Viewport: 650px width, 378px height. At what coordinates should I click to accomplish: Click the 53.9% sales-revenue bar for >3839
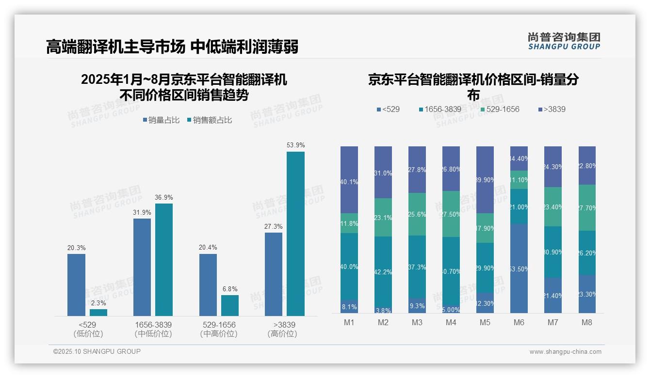tap(295, 234)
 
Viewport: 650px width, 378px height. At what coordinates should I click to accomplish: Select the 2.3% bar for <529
tap(98, 313)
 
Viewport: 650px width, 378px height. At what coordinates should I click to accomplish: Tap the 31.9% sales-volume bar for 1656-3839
tap(142, 267)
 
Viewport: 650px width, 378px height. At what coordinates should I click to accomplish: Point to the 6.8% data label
tap(230, 289)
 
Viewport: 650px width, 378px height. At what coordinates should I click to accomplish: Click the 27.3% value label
tap(274, 226)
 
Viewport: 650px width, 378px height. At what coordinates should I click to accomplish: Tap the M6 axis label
tap(519, 322)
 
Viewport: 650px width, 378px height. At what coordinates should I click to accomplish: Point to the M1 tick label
tap(349, 322)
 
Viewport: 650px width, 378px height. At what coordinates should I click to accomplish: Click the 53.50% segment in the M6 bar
tap(519, 268)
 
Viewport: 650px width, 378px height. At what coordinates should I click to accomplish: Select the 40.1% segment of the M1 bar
tap(349, 180)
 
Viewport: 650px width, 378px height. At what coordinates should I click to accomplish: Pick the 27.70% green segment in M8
tap(587, 207)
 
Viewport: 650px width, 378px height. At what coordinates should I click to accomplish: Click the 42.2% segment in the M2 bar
tap(383, 272)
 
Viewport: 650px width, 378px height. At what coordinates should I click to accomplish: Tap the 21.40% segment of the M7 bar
tap(553, 295)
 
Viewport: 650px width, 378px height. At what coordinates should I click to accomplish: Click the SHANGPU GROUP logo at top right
tap(564, 41)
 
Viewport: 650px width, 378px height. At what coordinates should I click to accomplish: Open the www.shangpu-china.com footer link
tap(565, 352)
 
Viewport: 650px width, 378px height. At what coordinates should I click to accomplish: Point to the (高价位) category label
tap(282, 334)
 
